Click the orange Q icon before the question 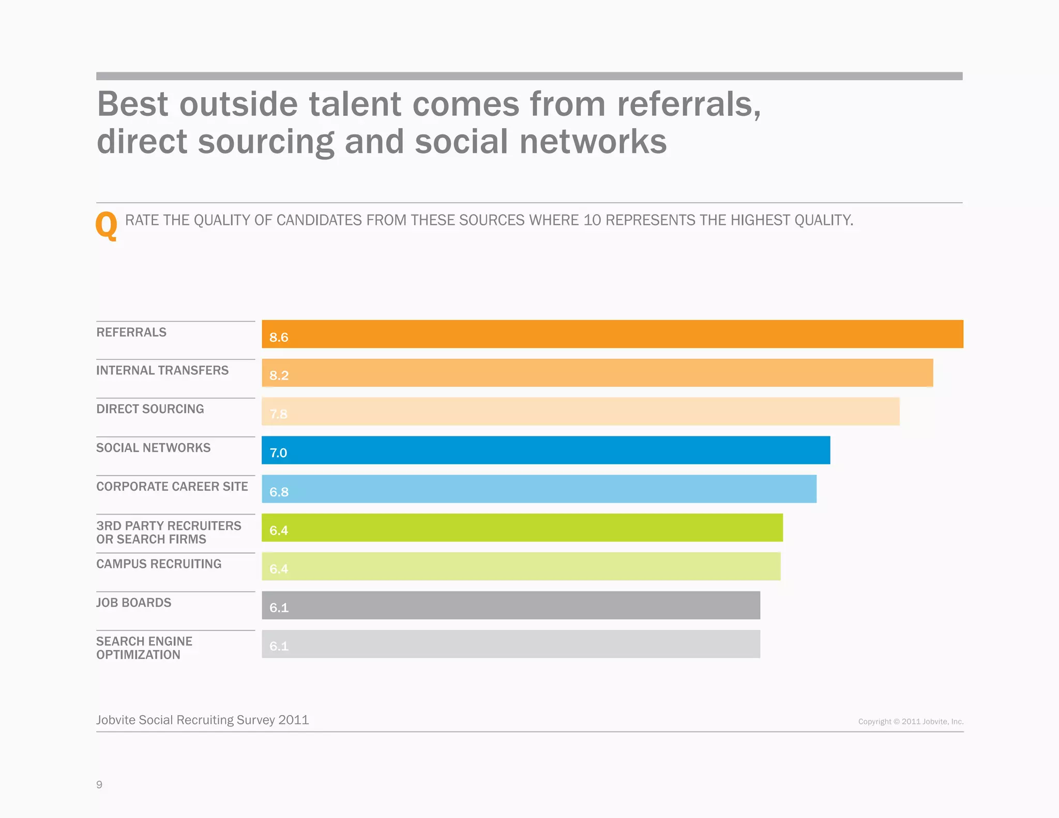[107, 225]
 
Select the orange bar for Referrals [612, 334]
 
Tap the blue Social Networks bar [546, 450]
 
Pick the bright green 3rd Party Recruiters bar [522, 528]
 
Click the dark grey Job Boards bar [511, 605]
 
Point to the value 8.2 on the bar [279, 375]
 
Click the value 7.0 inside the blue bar [278, 453]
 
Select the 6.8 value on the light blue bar [279, 492]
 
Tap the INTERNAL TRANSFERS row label [162, 371]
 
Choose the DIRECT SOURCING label [150, 409]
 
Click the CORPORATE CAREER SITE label [172, 487]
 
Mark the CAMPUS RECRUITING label [159, 564]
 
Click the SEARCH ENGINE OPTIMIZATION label [144, 648]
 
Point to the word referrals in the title [689, 104]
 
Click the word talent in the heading [355, 104]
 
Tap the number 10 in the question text [592, 220]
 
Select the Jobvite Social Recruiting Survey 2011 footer [203, 720]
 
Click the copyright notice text [911, 721]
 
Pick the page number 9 [99, 784]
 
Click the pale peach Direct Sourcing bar [580, 412]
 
